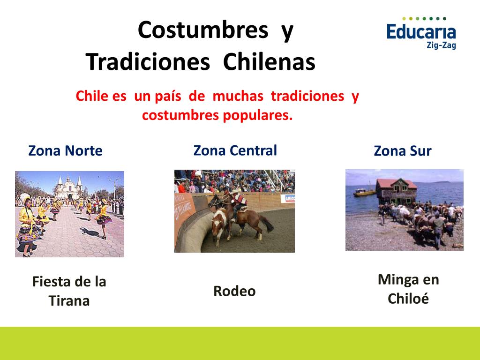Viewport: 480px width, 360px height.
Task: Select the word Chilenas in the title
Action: point(269,62)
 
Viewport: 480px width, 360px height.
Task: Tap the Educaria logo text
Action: point(421,32)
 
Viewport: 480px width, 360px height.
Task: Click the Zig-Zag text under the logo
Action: point(441,46)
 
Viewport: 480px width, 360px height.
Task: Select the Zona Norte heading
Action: point(65,151)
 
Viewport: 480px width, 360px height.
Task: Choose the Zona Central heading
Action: point(235,150)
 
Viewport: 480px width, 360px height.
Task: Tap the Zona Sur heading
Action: point(402,151)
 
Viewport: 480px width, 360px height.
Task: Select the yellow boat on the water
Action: point(364,192)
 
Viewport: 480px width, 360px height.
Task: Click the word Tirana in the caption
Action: point(69,301)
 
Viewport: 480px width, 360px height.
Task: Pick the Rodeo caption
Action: point(234,291)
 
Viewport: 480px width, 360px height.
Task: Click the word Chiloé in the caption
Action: point(408,299)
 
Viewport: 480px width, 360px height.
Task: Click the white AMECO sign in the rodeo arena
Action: point(287,198)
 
